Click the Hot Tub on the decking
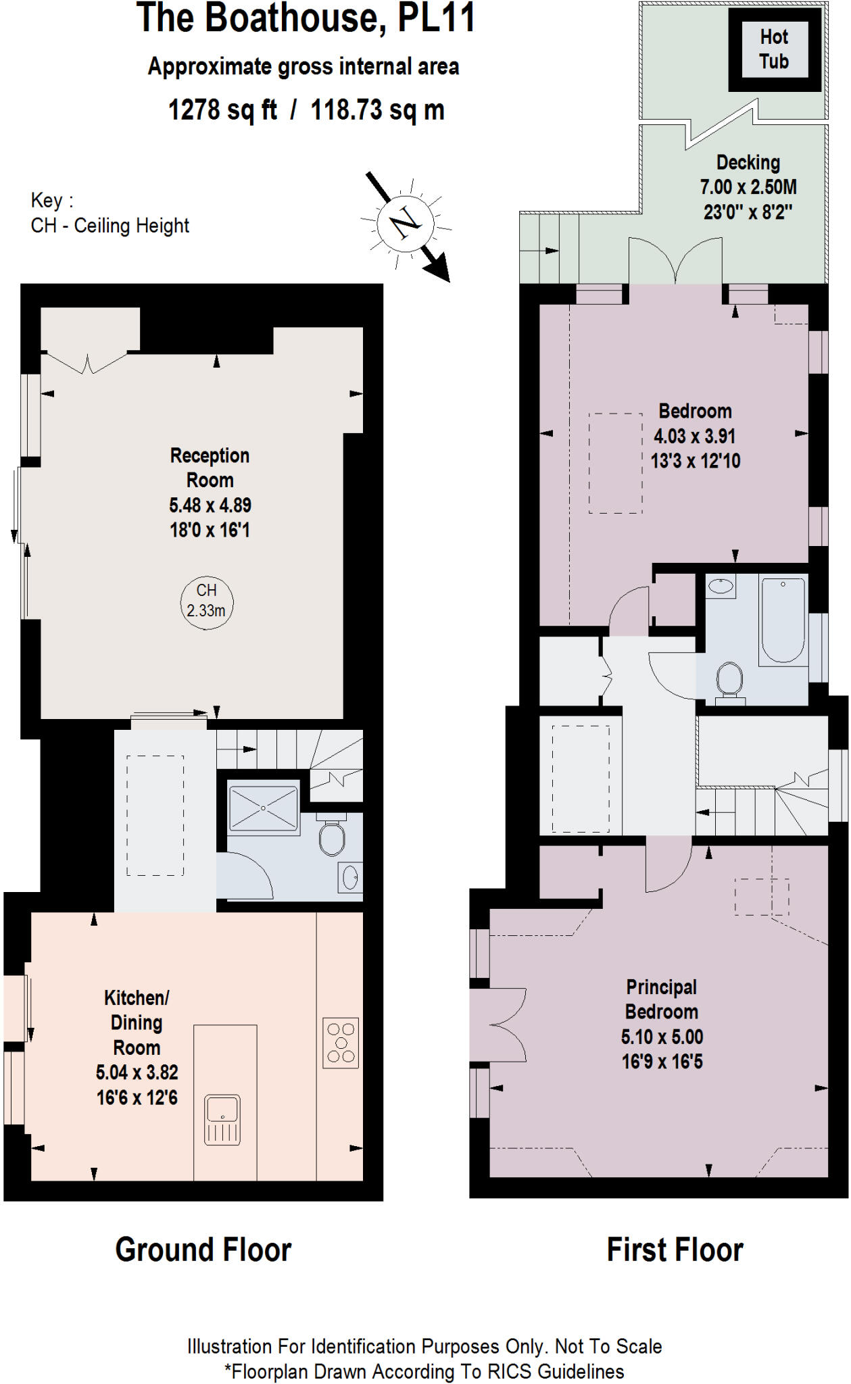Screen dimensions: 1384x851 pos(774,49)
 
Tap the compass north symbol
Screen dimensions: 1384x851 pos(404,221)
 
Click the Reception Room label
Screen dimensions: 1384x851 pos(210,468)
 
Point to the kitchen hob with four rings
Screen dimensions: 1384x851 pos(341,1043)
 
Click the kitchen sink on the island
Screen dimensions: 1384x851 pos(222,1119)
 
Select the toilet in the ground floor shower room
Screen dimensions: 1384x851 pos(332,839)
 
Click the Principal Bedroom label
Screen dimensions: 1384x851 pos(661,999)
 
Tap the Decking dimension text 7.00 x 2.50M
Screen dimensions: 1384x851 pos(748,187)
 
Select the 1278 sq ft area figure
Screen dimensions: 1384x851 pos(222,109)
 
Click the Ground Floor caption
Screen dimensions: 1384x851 pos(203,1250)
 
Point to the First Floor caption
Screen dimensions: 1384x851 pos(675,1250)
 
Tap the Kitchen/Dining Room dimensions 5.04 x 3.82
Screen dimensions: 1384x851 pos(137,1072)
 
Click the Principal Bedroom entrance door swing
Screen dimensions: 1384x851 pos(665,867)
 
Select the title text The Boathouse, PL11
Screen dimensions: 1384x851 pos(306,18)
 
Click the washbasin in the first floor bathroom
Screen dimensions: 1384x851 pos(721,586)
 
